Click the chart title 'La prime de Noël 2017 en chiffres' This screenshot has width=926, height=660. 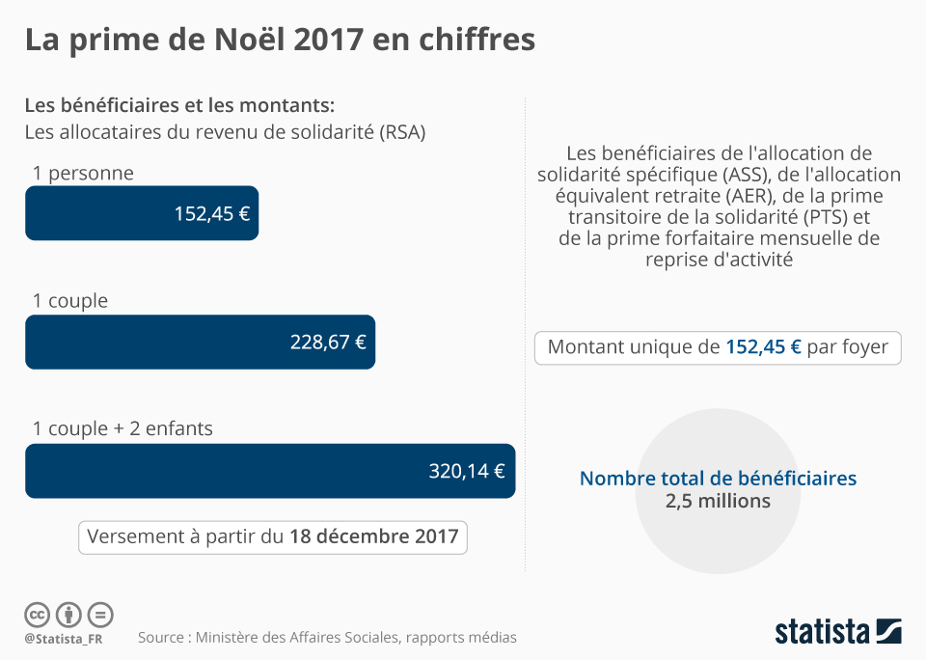pos(280,41)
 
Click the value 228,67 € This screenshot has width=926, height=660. pos(328,342)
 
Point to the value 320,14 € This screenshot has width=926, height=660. pos(467,471)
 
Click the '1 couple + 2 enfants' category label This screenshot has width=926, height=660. pos(123,427)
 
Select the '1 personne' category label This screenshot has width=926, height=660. pos(83,173)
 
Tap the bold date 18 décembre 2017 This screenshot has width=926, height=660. pos(373,537)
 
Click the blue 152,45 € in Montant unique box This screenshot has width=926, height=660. pos(763,347)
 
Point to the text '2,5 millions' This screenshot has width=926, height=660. pos(718,501)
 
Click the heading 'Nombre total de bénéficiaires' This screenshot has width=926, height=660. pos(718,478)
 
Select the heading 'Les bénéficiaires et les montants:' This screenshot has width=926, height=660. pos(179,105)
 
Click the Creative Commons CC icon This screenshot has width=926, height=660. pos(37,614)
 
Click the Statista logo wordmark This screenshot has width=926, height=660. pos(823,632)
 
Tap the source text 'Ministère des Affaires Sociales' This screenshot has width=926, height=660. pos(295,638)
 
